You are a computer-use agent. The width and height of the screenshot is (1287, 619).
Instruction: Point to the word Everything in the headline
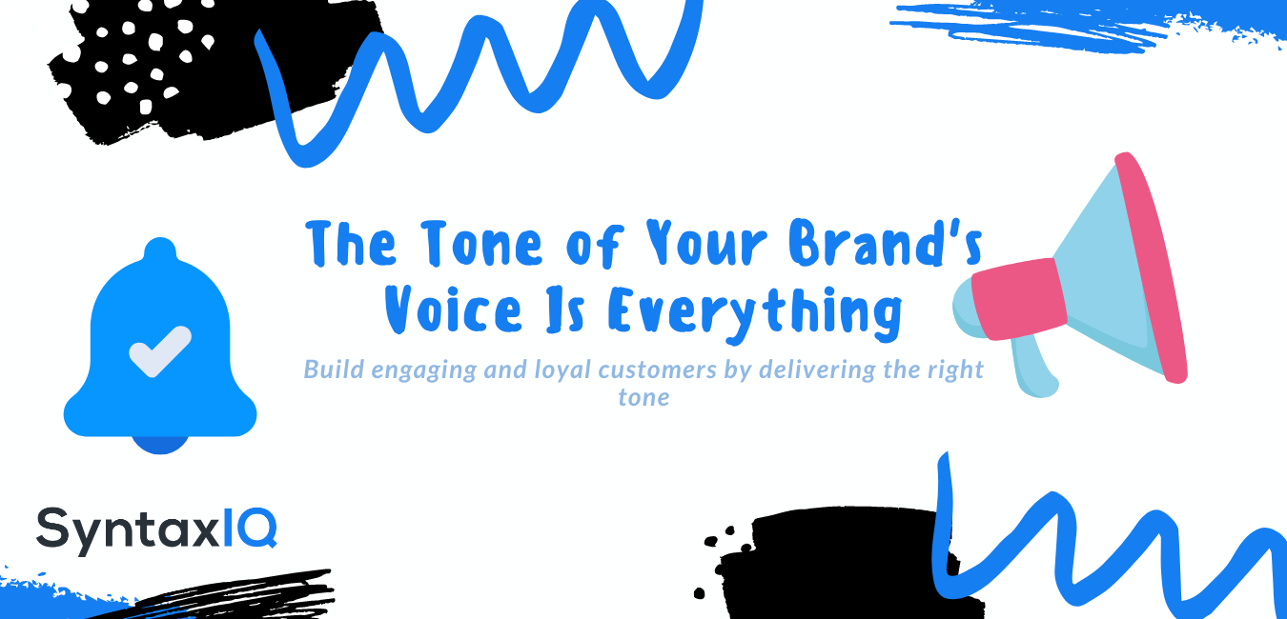tap(754, 312)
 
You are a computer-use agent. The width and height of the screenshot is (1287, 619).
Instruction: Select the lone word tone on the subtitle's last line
tap(643, 397)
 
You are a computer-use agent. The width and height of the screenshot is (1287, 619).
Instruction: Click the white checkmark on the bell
tap(160, 351)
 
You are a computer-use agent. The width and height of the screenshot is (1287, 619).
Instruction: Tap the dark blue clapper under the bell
tap(160, 445)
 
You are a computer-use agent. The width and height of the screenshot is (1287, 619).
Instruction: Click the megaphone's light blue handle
tap(1034, 368)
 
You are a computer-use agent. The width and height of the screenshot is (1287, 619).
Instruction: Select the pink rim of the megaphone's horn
tap(1152, 267)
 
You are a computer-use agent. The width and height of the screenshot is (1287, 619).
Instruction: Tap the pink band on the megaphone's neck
tap(1018, 298)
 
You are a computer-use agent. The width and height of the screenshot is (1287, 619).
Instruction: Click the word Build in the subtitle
tap(334, 369)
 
